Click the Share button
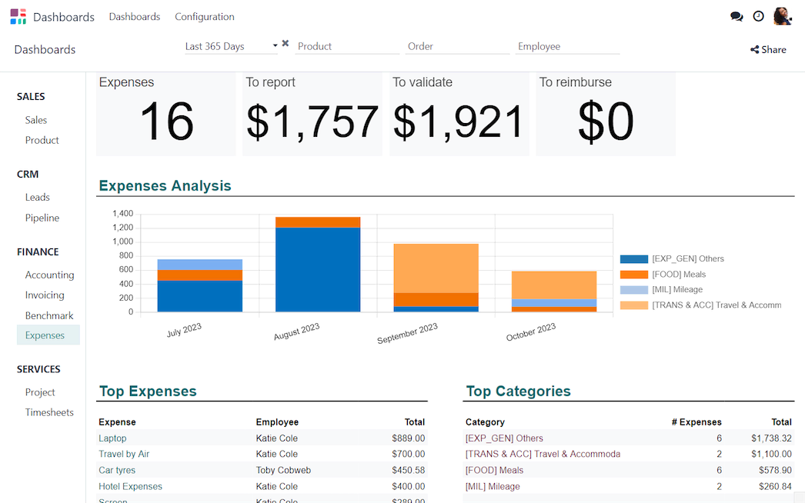tap(768, 50)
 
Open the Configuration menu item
tap(205, 17)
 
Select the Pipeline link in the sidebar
tap(42, 218)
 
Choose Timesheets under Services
tap(49, 412)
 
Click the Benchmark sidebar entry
tap(49, 315)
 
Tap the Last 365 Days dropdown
tap(231, 46)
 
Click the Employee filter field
tap(567, 46)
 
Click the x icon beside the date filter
tap(286, 44)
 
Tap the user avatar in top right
tap(782, 16)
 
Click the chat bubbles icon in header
tap(737, 16)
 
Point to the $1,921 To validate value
tap(459, 122)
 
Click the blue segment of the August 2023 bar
tap(318, 269)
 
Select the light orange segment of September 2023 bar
tap(436, 268)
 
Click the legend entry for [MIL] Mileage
tap(677, 290)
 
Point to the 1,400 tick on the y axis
tap(122, 214)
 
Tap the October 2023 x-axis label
tap(531, 332)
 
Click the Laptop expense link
tap(112, 438)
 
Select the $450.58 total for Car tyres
tap(408, 470)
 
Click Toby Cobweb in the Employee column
tap(283, 470)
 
